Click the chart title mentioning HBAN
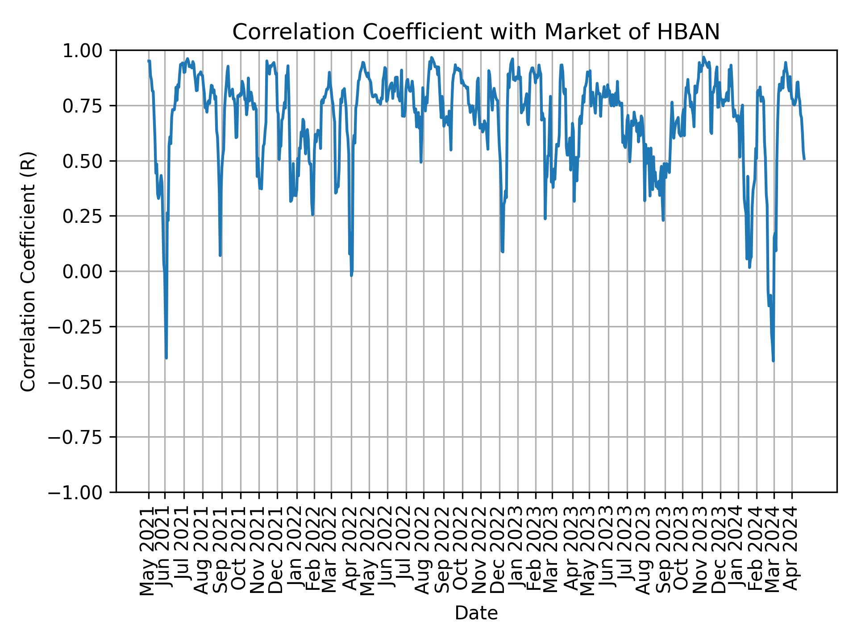click(476, 32)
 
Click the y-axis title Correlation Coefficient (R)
click(28, 271)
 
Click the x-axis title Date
click(476, 613)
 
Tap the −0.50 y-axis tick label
click(82, 382)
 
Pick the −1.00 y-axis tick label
click(82, 493)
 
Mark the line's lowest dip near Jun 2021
click(166, 358)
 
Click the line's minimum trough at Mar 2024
click(773, 360)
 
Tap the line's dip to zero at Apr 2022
click(352, 275)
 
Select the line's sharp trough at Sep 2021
click(220, 255)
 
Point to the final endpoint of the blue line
click(804, 159)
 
